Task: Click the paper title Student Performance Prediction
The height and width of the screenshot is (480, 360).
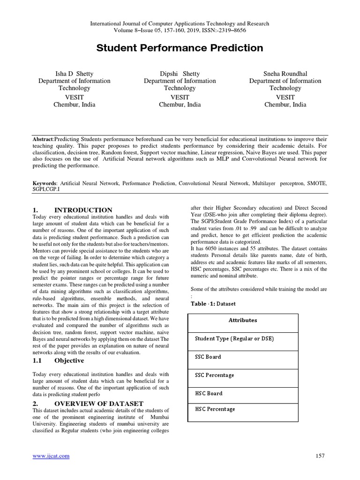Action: coord(180,48)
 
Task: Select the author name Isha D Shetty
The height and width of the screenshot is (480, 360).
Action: coord(74,74)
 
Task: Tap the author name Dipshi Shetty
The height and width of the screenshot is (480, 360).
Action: coord(180,74)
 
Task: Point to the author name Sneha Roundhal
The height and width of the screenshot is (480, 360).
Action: coord(285,74)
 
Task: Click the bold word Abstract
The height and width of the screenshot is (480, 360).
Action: coord(43,140)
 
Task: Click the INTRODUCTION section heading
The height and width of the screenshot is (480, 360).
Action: coord(83,210)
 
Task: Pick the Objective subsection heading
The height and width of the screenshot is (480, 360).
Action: coord(69,360)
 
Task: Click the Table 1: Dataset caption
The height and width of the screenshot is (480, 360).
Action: coord(213,304)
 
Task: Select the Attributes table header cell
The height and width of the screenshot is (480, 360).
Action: coord(242,321)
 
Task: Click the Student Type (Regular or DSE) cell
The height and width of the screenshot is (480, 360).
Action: coord(234,339)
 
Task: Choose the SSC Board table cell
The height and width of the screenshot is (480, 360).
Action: coord(208,357)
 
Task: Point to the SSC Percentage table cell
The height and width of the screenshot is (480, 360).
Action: coord(214,375)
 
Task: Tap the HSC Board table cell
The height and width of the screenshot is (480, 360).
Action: coord(209,393)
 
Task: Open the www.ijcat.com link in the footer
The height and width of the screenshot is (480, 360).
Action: coord(51,456)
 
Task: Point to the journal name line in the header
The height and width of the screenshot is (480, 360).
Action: coord(180,23)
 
